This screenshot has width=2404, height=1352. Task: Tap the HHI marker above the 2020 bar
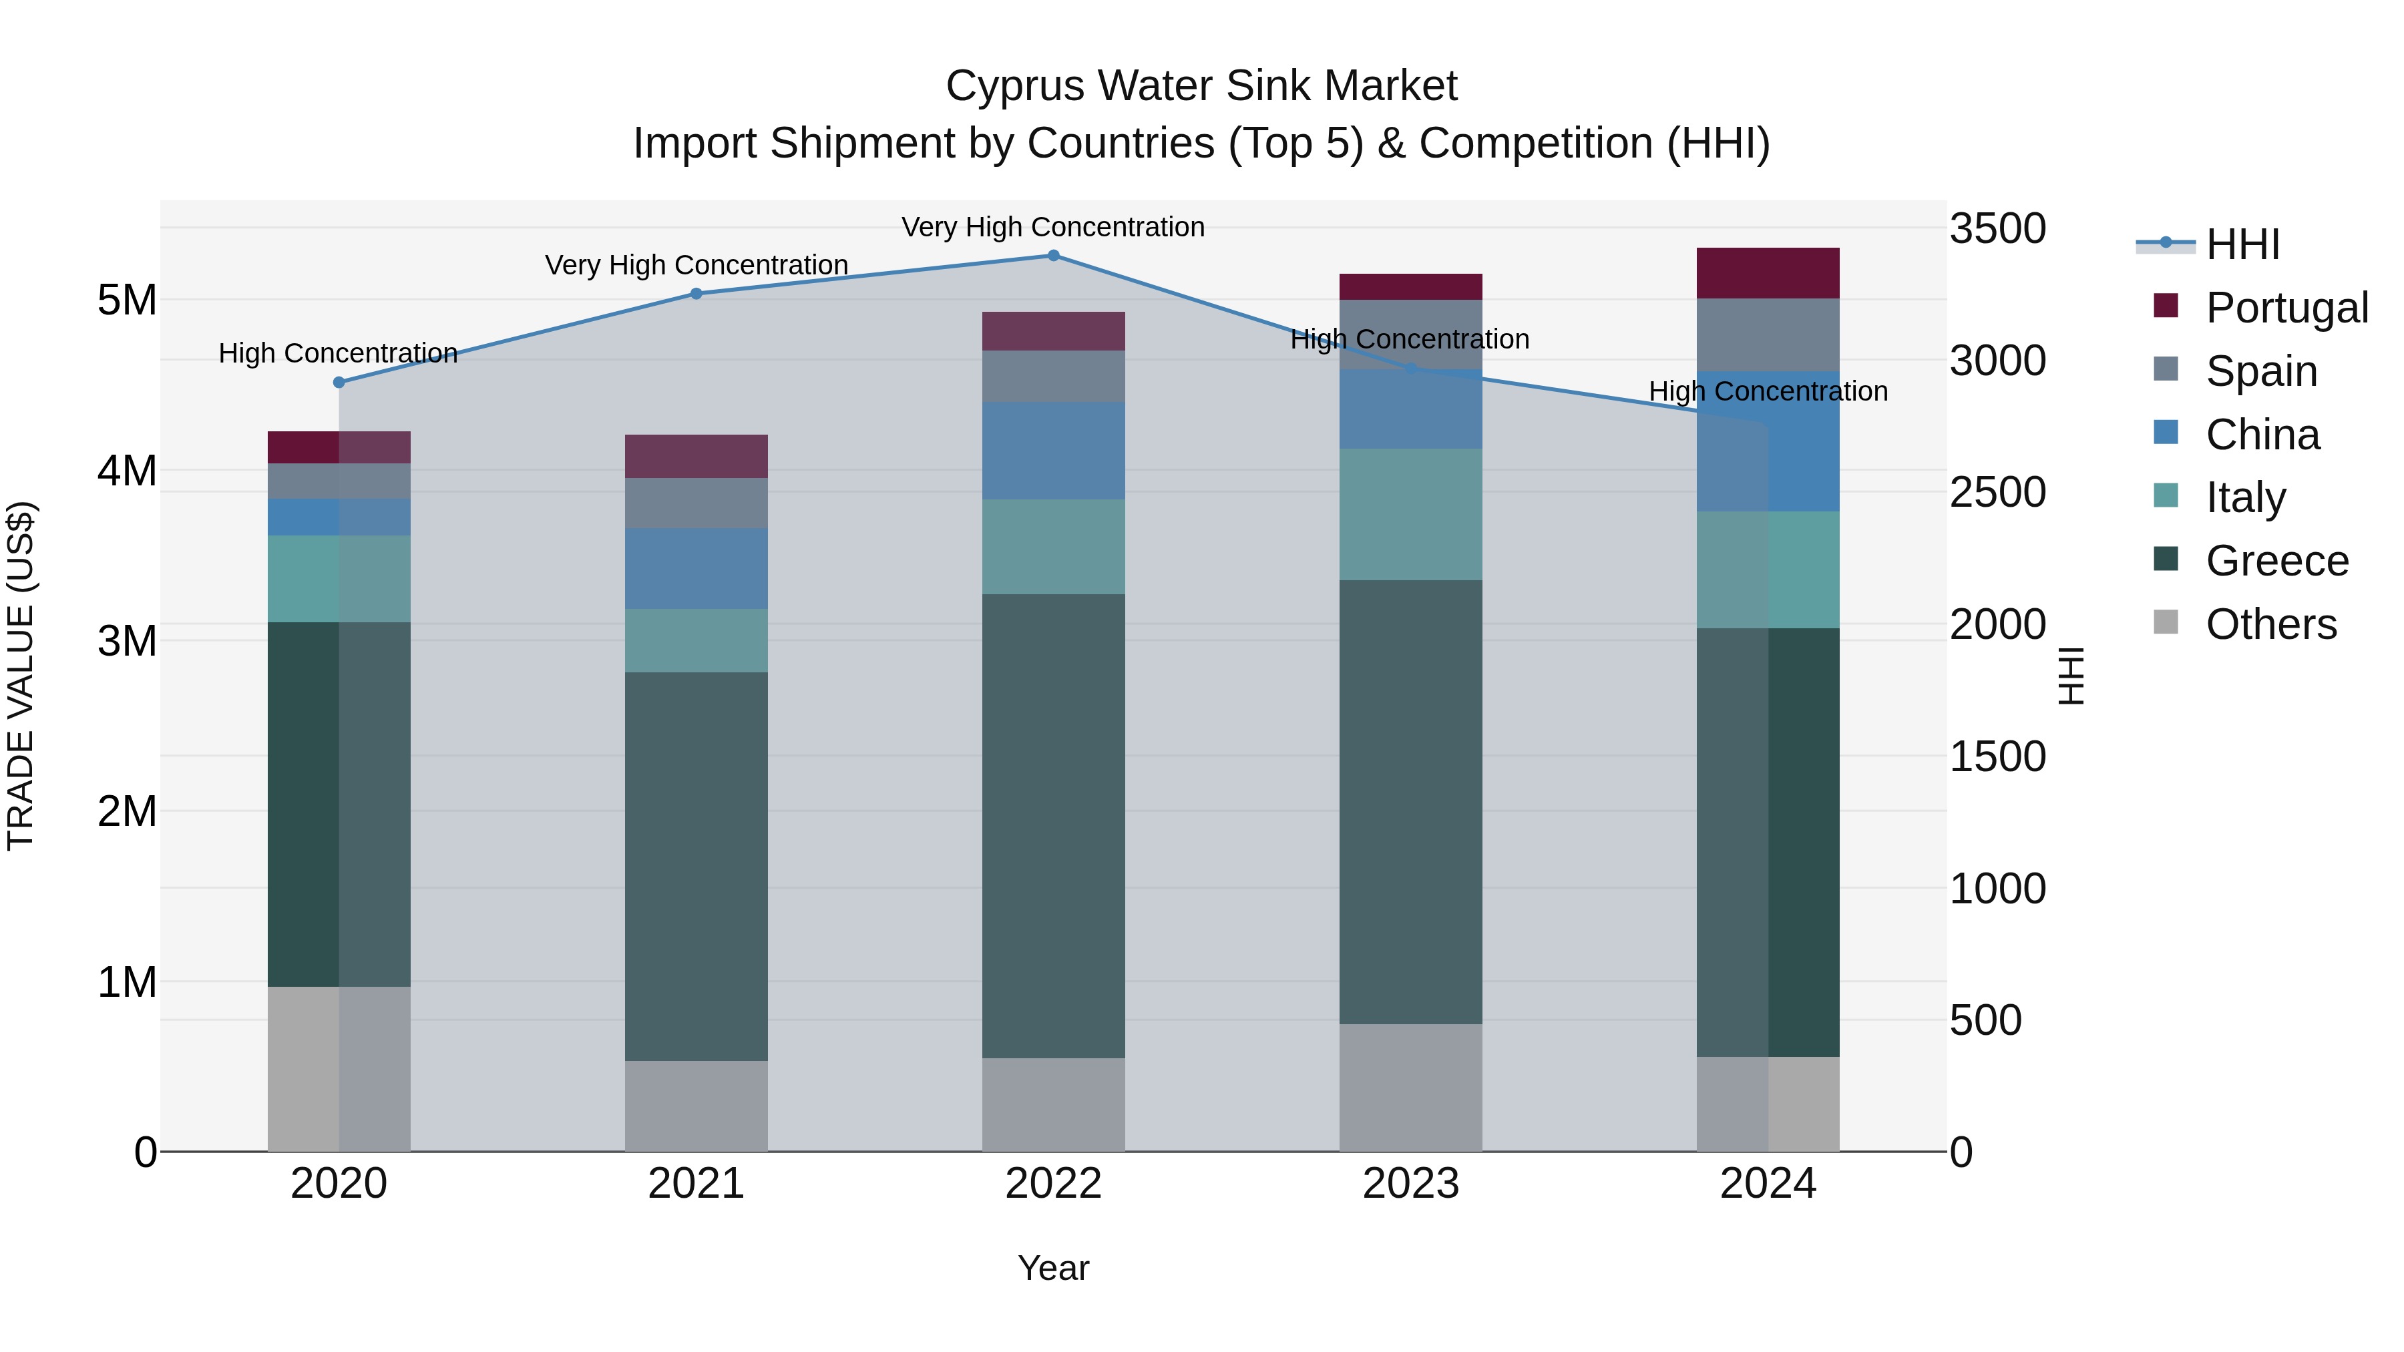(339, 383)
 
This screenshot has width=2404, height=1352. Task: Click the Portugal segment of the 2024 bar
(1768, 273)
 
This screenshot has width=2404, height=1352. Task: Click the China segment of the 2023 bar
(1410, 410)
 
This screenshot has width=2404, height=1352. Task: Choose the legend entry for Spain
(2260, 371)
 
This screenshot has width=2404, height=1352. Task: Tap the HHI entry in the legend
(2242, 244)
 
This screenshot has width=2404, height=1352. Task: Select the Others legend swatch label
(2270, 624)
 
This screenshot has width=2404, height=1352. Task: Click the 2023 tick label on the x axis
(1410, 1184)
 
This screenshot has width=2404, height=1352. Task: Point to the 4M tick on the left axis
(127, 470)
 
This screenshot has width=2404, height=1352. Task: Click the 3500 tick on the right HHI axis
(1997, 228)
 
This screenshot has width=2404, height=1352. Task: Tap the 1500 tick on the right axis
(1997, 756)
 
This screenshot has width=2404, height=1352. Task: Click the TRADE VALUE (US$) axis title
(21, 676)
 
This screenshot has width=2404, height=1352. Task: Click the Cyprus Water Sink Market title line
(1201, 86)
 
